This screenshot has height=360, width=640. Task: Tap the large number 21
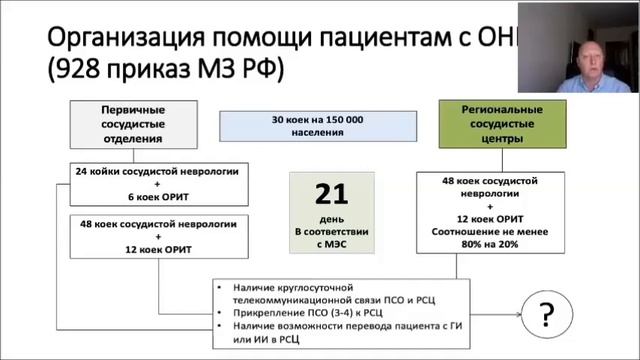coord(331,192)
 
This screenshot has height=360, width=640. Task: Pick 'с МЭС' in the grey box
coord(331,244)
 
